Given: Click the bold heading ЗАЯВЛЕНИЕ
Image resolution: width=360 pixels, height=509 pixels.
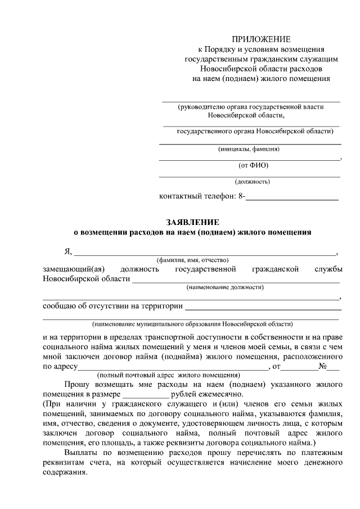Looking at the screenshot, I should [x=192, y=222].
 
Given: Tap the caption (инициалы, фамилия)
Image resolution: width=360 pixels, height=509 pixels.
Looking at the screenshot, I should [x=249, y=150].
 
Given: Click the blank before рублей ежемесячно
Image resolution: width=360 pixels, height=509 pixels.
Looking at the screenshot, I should [x=145, y=394].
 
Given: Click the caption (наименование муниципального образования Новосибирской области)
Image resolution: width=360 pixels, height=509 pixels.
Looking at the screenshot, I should [x=193, y=325].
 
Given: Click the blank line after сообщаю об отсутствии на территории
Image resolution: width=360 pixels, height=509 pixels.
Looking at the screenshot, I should [x=263, y=307].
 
